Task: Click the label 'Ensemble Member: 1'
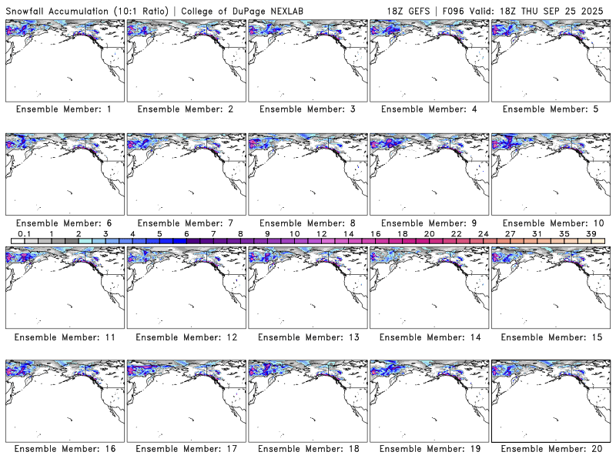click(64, 109)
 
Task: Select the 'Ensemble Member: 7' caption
click(185, 223)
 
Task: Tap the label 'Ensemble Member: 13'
click(306, 337)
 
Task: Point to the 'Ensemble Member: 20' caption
click(551, 449)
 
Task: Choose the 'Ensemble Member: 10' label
click(551, 223)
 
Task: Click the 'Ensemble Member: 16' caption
click(64, 449)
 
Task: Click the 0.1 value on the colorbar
click(24, 233)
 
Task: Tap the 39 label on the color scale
click(591, 233)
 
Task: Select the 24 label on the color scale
click(483, 233)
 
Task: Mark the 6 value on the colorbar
click(186, 233)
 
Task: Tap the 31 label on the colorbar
click(537, 233)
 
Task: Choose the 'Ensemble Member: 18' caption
click(306, 449)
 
